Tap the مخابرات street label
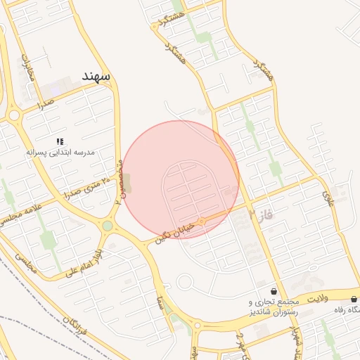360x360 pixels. [x=29, y=66]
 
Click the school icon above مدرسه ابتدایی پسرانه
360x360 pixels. [x=60, y=141]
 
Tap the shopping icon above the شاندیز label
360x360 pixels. [x=274, y=291]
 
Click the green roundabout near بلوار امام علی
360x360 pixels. [x=107, y=226]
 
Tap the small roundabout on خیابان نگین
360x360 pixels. [x=202, y=221]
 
